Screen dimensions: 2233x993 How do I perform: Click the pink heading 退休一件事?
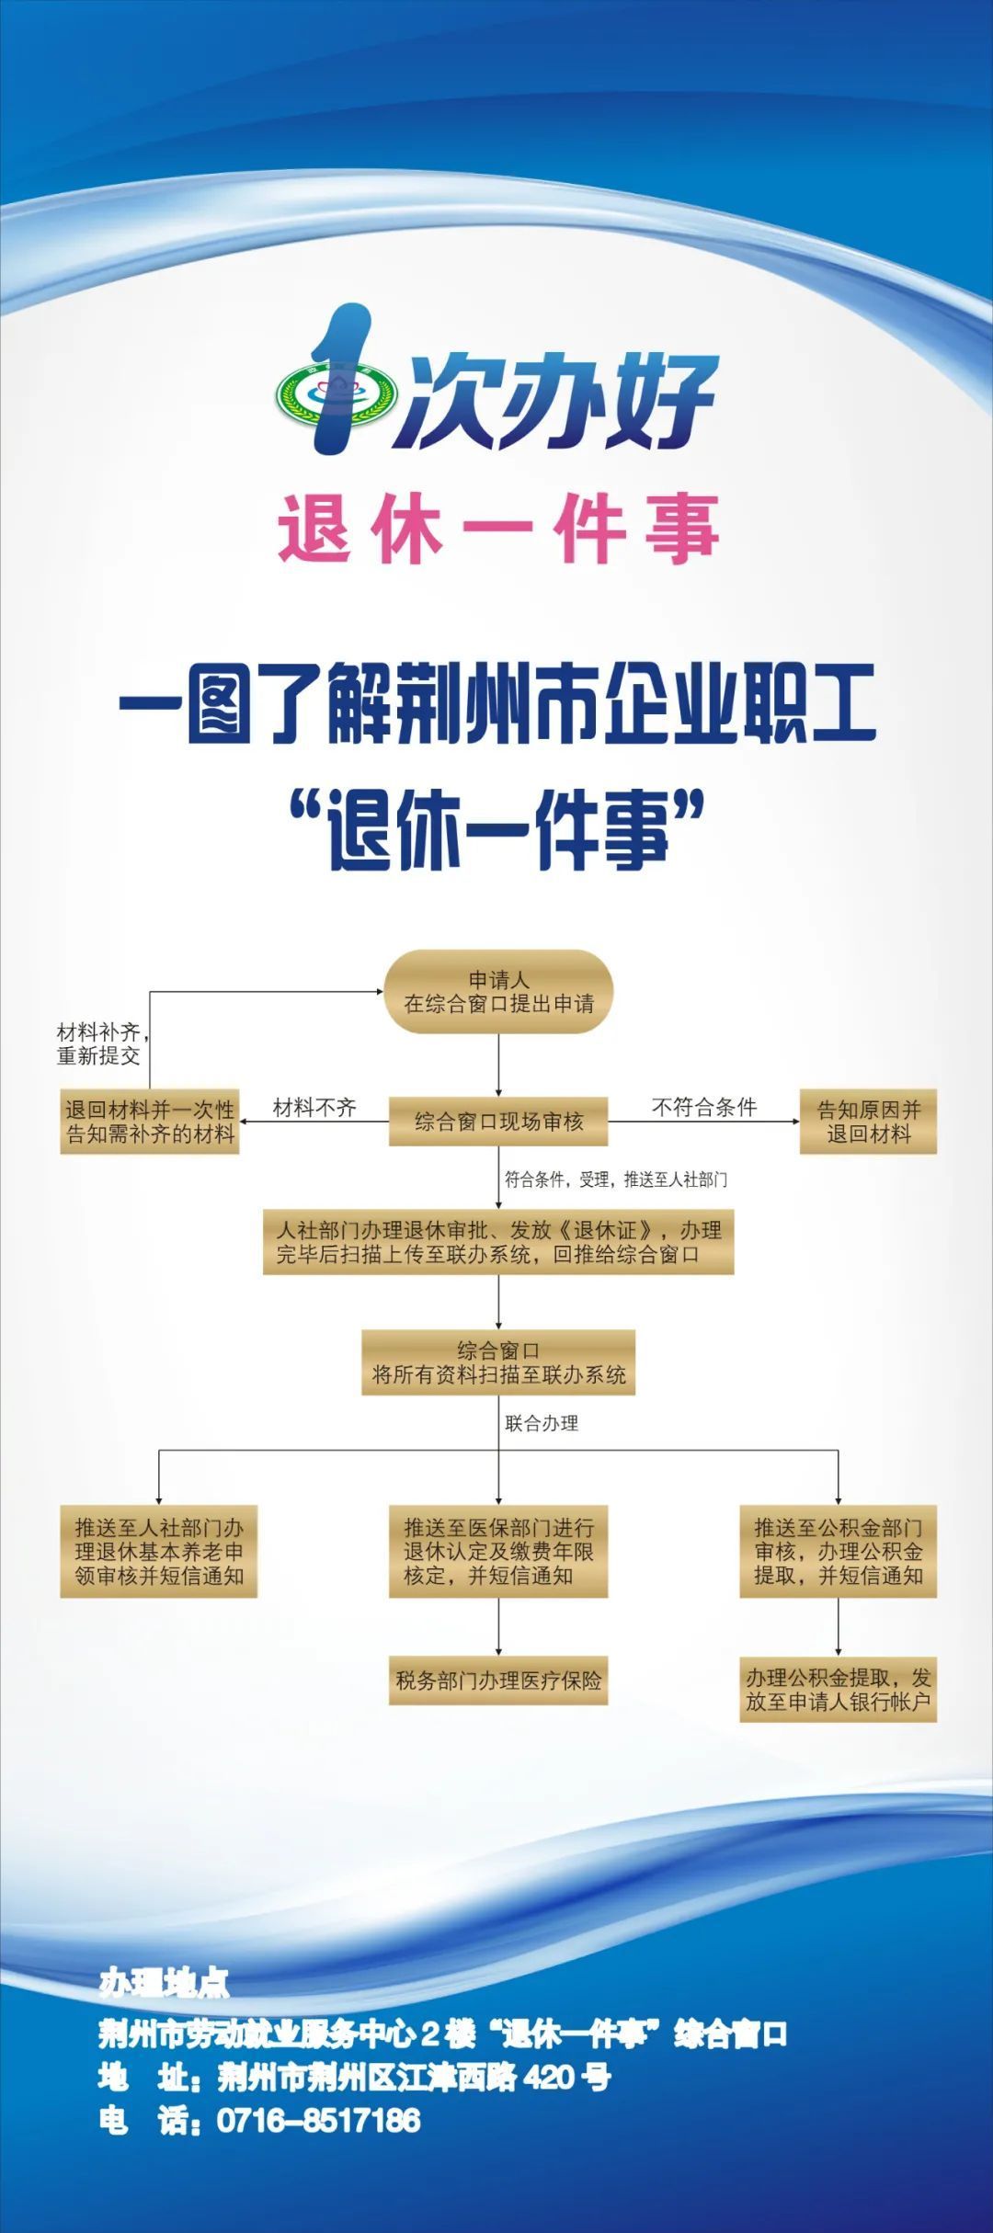tap(497, 529)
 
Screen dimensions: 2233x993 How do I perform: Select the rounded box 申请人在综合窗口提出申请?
tap(498, 992)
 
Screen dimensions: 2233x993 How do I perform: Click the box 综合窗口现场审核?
tap(498, 1122)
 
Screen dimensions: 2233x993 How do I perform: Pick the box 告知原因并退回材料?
tap(868, 1122)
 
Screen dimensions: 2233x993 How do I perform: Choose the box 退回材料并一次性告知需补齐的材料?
tap(150, 1122)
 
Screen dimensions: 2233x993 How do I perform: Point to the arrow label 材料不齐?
tap(314, 1108)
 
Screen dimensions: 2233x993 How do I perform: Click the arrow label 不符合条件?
tap(704, 1107)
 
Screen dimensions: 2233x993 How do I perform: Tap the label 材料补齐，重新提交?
tap(99, 1043)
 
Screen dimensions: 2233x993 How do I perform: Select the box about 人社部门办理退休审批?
tap(498, 1242)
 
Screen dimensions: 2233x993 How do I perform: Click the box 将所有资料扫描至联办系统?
tap(498, 1362)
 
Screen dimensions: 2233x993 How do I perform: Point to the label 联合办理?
tap(542, 1423)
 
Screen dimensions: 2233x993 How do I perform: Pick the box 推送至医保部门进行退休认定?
tap(498, 1551)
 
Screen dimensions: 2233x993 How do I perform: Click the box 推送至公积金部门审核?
tap(838, 1551)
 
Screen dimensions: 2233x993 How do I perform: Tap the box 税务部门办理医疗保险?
tap(498, 1680)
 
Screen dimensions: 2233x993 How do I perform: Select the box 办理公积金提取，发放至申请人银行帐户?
tap(838, 1690)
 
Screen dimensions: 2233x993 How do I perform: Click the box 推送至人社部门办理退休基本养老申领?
tap(159, 1551)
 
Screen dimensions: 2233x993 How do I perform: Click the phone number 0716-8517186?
tap(318, 2120)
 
